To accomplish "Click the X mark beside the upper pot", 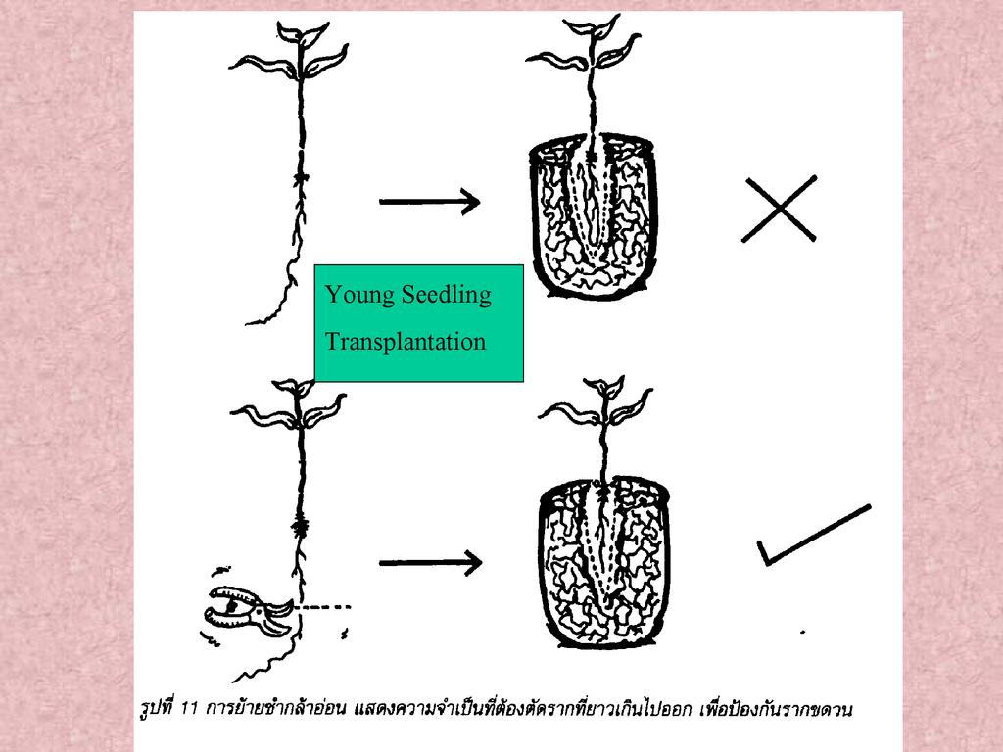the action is coord(779,209).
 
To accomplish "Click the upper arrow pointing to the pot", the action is coord(429,202).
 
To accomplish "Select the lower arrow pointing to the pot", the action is coord(430,563).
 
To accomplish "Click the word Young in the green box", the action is coord(358,295).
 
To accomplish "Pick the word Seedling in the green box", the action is coord(447,295).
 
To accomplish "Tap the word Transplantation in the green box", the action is coord(406,342).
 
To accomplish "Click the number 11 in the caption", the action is coord(189,709).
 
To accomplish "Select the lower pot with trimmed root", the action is coord(603,563).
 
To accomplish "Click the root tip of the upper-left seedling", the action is coord(248,323).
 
